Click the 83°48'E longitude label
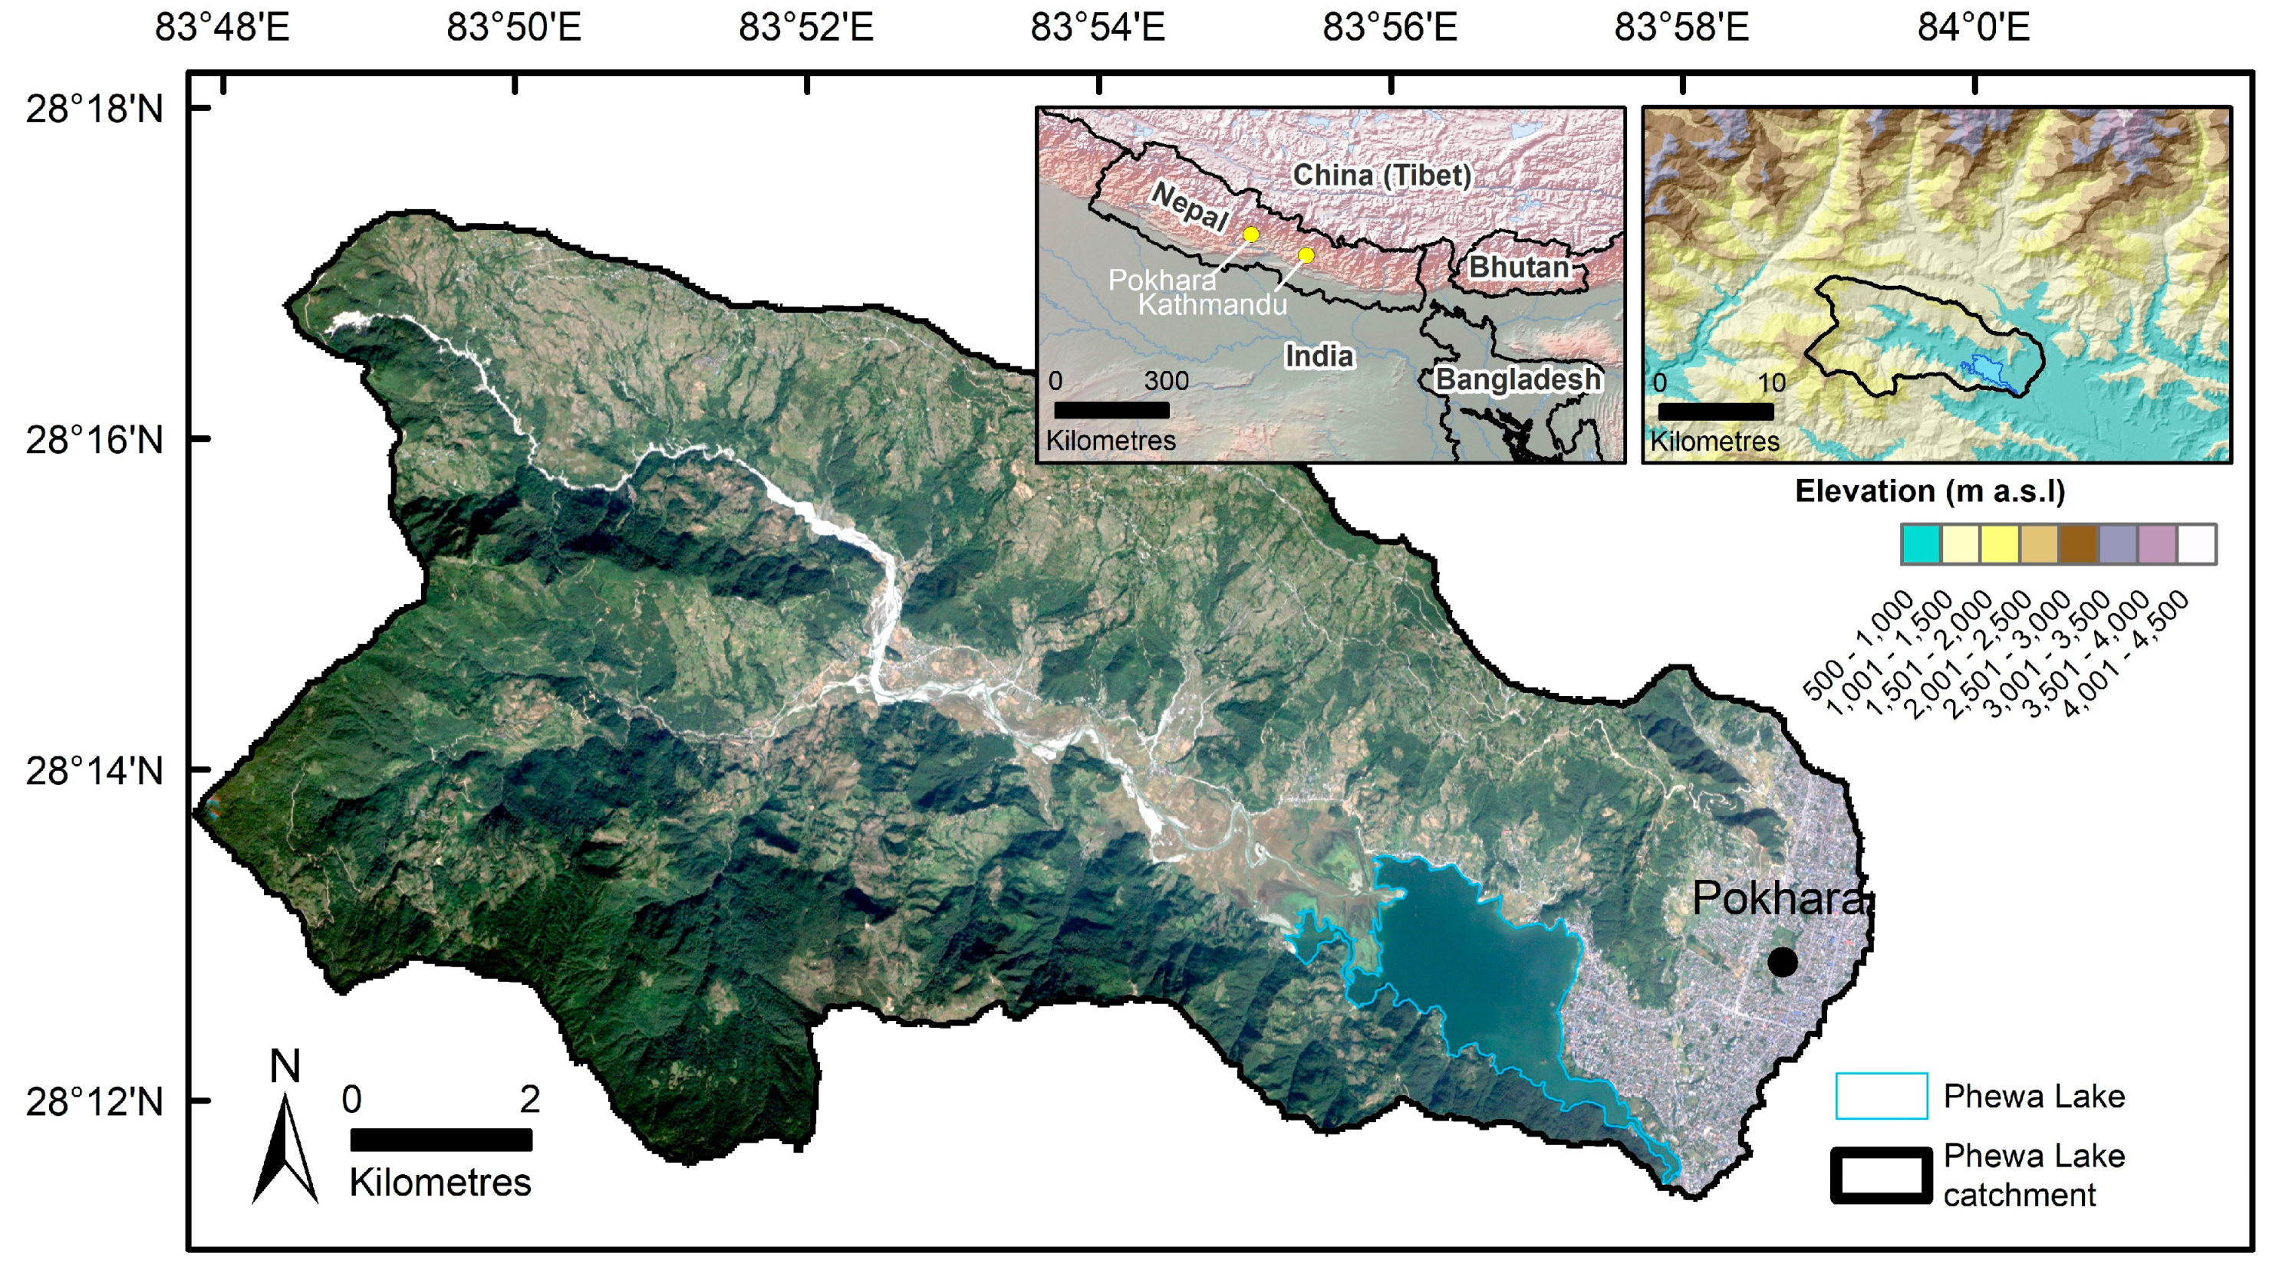[x=222, y=28]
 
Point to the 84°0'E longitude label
[x=1973, y=28]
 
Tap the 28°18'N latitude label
[x=94, y=109]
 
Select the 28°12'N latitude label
[x=94, y=1101]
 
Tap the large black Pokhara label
[x=1777, y=898]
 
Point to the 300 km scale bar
[x=1111, y=410]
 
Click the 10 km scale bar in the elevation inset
[x=1715, y=411]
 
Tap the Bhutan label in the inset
[x=1519, y=267]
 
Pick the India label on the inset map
[x=1319, y=356]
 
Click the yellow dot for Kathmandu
[x=1306, y=255]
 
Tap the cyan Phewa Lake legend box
[x=1882, y=1096]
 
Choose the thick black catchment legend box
[x=1882, y=1175]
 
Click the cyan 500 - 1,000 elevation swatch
[x=1921, y=544]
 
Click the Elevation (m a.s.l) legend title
[x=1929, y=491]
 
